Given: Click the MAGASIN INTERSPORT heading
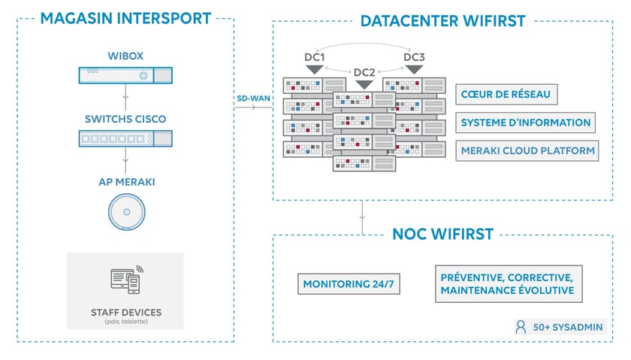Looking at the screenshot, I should (x=125, y=18).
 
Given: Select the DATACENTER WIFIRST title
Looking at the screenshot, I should (x=443, y=20).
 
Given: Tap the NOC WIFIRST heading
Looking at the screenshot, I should (x=442, y=234).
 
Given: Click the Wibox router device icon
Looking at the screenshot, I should (x=125, y=75).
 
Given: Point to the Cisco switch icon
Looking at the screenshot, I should (x=125, y=138).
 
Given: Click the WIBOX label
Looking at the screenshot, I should (x=125, y=56).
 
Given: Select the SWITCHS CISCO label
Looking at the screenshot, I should (x=125, y=119).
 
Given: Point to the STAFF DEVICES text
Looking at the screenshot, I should (x=125, y=312).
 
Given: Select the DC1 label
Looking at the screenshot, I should (x=314, y=57).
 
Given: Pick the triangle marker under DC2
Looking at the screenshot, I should (x=364, y=84).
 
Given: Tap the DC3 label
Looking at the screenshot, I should (x=413, y=57).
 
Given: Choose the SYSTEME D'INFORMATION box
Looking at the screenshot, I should (x=526, y=123).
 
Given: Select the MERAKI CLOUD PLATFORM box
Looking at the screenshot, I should (x=527, y=150).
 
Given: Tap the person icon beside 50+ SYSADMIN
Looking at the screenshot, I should (x=521, y=327).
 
